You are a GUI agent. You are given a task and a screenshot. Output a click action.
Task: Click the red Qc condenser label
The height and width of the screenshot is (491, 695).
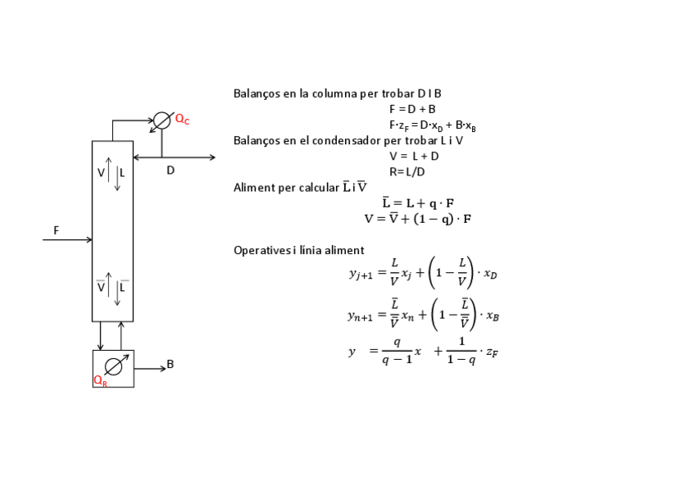182,120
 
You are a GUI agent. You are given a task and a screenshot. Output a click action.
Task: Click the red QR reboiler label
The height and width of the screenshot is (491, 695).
100,381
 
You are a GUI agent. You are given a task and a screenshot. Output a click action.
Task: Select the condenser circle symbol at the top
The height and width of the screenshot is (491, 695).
162,120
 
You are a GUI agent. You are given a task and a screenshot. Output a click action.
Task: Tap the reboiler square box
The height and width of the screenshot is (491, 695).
113,368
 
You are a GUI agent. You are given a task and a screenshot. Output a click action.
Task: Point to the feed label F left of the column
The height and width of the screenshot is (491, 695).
56,231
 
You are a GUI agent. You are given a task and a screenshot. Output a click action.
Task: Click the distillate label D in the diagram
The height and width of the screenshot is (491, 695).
170,170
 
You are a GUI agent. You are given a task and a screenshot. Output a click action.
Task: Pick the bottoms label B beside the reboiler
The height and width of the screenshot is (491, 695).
170,364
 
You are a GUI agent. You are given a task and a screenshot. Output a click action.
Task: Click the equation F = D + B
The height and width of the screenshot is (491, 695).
412,109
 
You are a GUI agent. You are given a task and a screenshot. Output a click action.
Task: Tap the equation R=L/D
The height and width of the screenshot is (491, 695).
407,172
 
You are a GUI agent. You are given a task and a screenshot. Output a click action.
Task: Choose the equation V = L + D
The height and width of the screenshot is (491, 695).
414,156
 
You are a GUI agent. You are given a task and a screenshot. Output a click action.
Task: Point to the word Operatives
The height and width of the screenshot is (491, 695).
261,250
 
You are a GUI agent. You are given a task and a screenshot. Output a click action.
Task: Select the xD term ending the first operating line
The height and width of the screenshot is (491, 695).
490,275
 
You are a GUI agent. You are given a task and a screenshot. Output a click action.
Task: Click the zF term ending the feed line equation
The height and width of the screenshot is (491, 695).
492,352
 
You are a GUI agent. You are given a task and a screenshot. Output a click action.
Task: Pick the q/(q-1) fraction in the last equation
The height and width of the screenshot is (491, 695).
397,352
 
